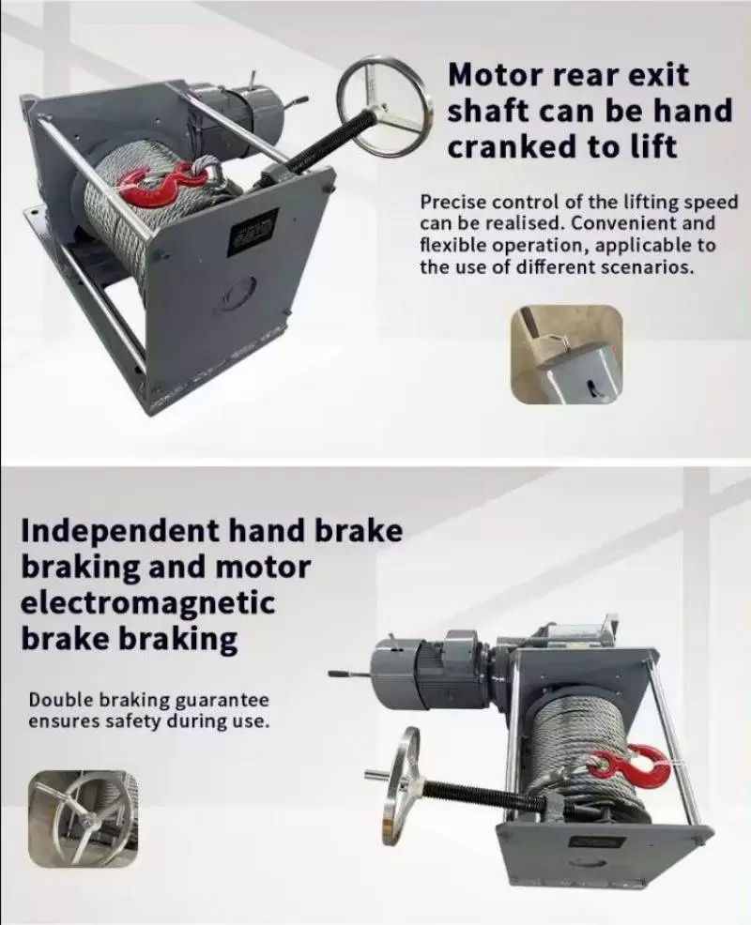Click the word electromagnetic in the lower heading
tap(148, 603)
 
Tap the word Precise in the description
tap(452, 203)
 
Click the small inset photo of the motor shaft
tap(567, 355)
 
